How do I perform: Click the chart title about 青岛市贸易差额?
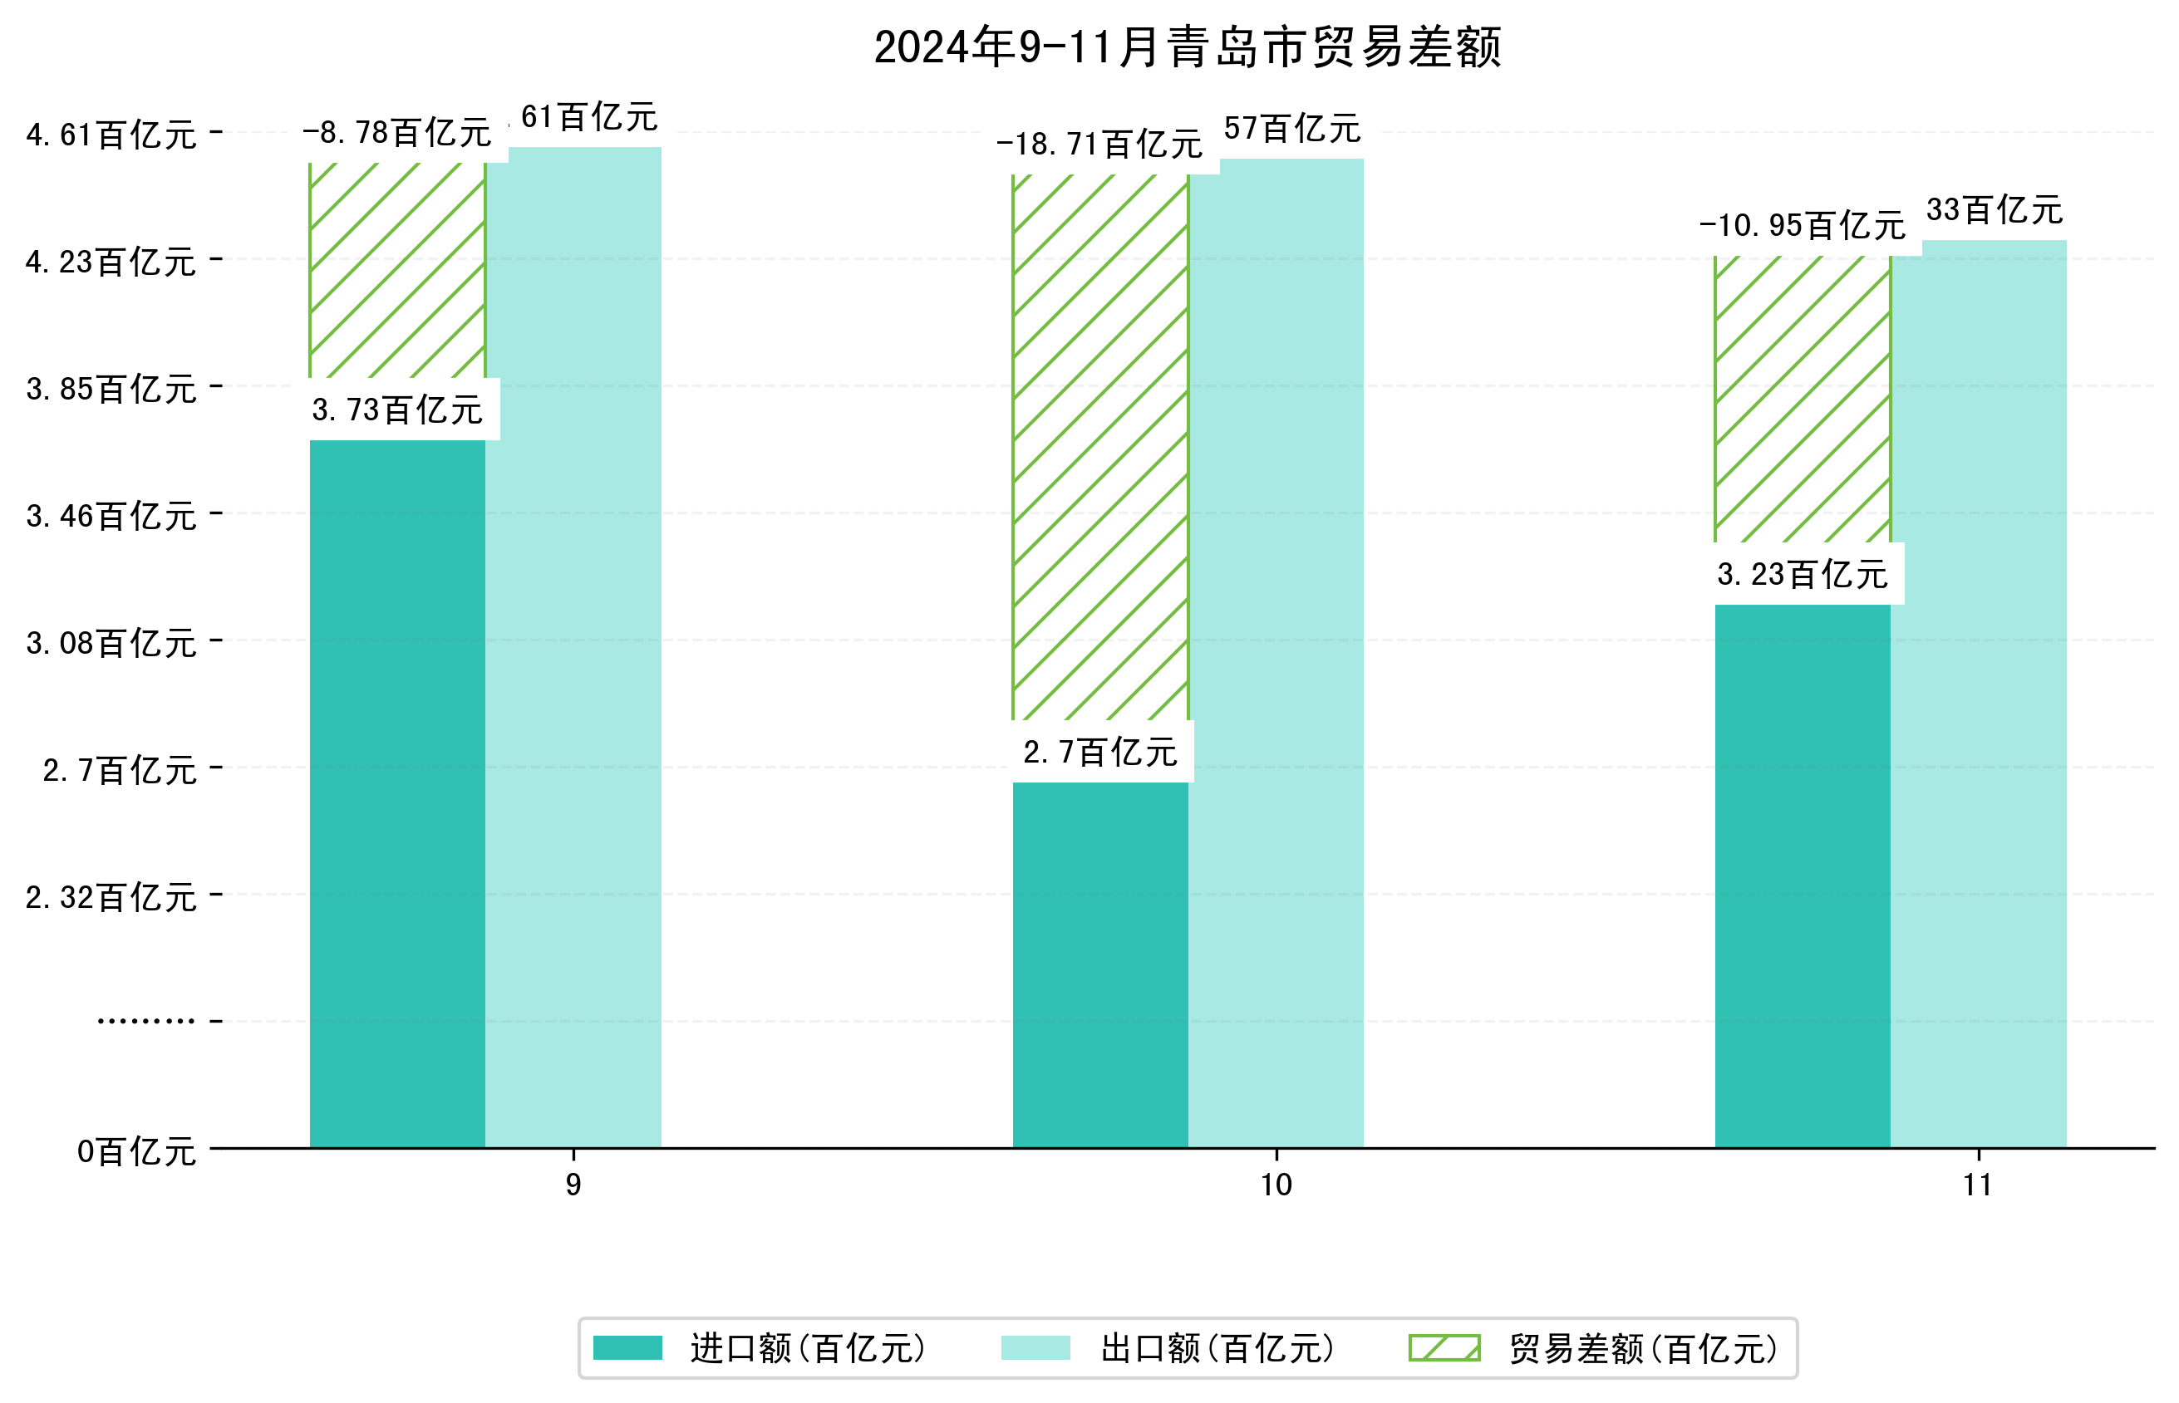pyautogui.click(x=1187, y=47)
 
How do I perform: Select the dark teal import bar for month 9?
pyautogui.click(x=397, y=792)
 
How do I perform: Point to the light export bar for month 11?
pyautogui.click(x=1979, y=693)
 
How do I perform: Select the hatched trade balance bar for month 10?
pyautogui.click(x=1100, y=446)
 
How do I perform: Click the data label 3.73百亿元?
pyautogui.click(x=397, y=410)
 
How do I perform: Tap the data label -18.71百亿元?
pyautogui.click(x=1099, y=144)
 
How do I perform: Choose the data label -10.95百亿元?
pyautogui.click(x=1802, y=225)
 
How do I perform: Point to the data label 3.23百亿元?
pyautogui.click(x=1802, y=574)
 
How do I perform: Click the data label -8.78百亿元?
pyautogui.click(x=397, y=133)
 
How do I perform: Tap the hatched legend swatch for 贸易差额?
pyautogui.click(x=1444, y=1347)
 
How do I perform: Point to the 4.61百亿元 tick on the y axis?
pyautogui.click(x=111, y=135)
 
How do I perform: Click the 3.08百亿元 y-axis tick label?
pyautogui.click(x=111, y=643)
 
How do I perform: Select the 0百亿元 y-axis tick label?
pyautogui.click(x=136, y=1151)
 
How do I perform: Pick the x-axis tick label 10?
pyautogui.click(x=1276, y=1185)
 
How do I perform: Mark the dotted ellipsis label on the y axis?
pyautogui.click(x=145, y=1021)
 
